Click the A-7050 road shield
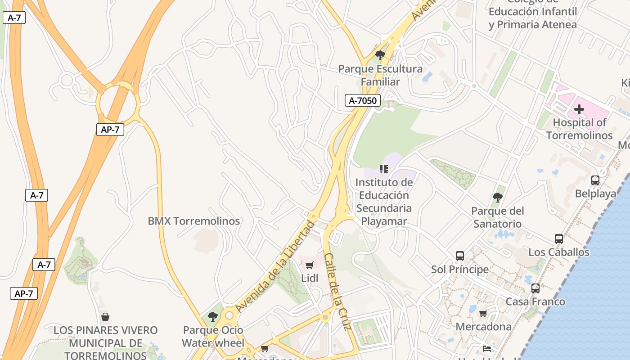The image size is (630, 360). coord(363,100)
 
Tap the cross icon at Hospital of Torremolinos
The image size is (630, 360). coord(579,109)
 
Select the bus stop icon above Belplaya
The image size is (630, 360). coord(595,180)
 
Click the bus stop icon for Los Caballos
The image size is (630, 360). coord(558,239)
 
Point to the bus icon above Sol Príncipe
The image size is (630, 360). coord(459,256)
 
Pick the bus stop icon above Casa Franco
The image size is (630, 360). coord(535,288)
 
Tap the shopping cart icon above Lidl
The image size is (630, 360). coord(309,265)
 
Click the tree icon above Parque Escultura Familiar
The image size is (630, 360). coord(380,56)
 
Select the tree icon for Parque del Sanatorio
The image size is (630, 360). coord(497,197)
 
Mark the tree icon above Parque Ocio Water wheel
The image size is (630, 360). coord(213,317)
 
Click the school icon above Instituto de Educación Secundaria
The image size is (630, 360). coord(383,169)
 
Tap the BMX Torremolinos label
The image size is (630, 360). coord(194,221)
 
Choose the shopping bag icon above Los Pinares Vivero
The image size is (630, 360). coord(105,317)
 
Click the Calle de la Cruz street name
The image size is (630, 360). coord(337,292)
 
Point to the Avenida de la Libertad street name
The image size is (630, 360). coord(275,267)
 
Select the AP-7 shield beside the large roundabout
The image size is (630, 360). coord(110,130)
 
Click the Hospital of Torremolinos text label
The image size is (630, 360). coord(579,129)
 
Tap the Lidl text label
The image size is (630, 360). coord(310,278)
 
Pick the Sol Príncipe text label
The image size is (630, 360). coord(459,269)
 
